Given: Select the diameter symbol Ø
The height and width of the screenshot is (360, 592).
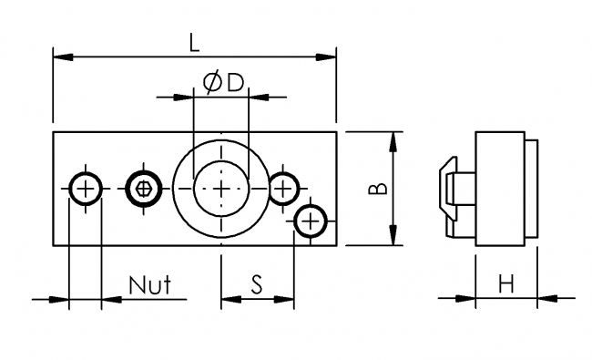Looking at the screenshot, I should coord(210,83).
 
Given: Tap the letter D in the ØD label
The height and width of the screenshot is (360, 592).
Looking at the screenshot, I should coord(235,83).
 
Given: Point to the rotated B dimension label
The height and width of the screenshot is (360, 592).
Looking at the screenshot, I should coord(376,189).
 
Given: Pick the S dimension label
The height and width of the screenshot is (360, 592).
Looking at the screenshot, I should coord(257,285).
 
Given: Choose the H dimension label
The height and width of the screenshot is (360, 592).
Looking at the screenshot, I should coord(505,285).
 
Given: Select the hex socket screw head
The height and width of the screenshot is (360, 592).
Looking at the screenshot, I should coord(142,189).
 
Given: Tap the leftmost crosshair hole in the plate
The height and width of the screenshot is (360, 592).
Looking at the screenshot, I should coord(86,189).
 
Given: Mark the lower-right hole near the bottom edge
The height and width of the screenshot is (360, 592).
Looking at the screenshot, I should coord(311,221).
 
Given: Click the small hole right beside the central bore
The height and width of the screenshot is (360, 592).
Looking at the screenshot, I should coord(283,188).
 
